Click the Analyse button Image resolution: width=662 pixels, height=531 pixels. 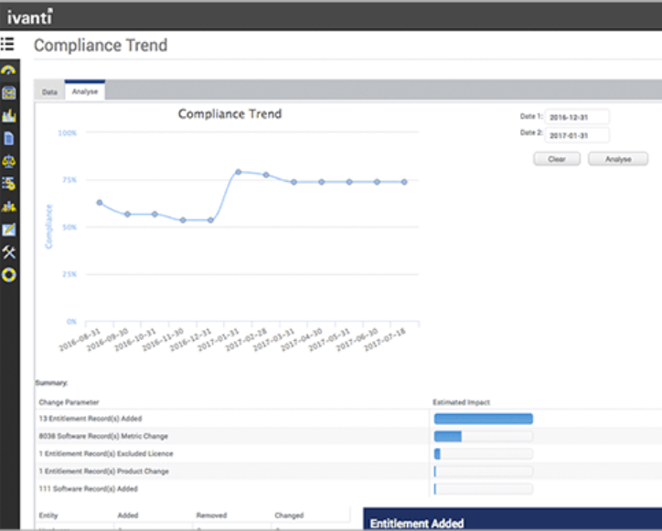[618, 159]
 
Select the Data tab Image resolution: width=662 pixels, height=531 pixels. [49, 92]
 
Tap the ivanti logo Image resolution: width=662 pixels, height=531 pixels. [30, 16]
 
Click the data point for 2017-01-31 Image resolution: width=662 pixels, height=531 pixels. [238, 172]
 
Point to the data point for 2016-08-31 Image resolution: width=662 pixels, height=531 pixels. [100, 203]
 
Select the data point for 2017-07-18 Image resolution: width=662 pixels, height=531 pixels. [404, 182]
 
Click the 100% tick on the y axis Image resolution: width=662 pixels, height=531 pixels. [68, 133]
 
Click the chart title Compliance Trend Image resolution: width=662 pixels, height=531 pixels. [230, 114]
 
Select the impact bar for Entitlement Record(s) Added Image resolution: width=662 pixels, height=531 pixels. [483, 419]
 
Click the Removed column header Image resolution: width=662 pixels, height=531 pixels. [211, 515]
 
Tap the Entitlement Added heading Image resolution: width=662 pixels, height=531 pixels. [416, 524]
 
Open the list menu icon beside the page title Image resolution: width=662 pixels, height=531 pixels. [8, 44]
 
